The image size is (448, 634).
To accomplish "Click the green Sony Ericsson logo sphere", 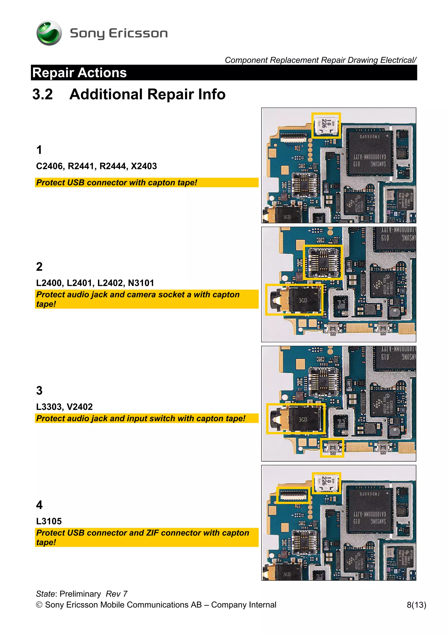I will click(x=49, y=33).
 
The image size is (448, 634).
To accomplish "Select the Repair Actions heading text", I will click(x=79, y=73).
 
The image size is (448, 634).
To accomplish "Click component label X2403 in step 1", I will click(x=144, y=166).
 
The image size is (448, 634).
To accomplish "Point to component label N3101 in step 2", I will click(x=141, y=283).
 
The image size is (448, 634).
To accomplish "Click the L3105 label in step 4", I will click(x=49, y=521).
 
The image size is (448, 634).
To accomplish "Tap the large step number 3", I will click(x=39, y=390).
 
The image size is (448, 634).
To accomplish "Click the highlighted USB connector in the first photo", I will click(x=326, y=125).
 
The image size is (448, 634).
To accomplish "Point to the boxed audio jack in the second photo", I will click(x=294, y=300).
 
